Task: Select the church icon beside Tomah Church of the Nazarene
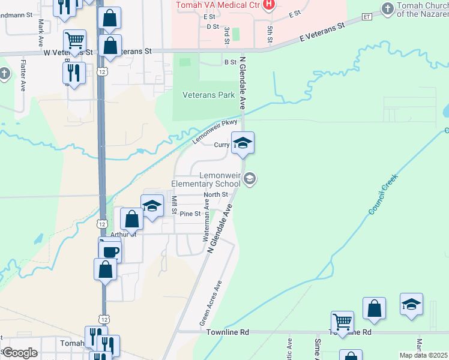click(x=387, y=8)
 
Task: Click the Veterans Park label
click(x=208, y=95)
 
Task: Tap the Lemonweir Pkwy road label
click(x=215, y=131)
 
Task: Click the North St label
click(x=215, y=194)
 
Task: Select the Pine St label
click(x=190, y=214)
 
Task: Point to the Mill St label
click(x=174, y=205)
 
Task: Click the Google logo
click(x=20, y=353)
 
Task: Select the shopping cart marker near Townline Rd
click(x=342, y=321)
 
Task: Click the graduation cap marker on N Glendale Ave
click(x=243, y=143)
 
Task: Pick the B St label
click(x=230, y=62)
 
